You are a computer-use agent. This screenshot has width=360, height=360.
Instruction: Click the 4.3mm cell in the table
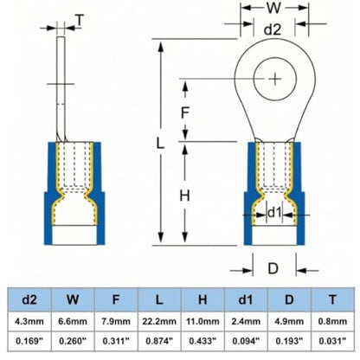pyautogui.click(x=29, y=321)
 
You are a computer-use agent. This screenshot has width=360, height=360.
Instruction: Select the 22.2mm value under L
pyautogui.click(x=159, y=321)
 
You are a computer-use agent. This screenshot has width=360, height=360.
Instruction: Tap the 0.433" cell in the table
pyautogui.click(x=202, y=341)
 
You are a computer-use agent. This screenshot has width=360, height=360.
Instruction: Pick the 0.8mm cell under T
pyautogui.click(x=332, y=321)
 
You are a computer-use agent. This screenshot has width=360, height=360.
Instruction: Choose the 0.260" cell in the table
pyautogui.click(x=73, y=341)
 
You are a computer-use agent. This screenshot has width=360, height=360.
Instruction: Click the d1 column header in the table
pyautogui.click(x=246, y=299)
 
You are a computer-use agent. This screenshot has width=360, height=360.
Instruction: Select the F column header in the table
pyautogui.click(x=116, y=299)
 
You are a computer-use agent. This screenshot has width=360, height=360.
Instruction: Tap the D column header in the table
pyautogui.click(x=289, y=299)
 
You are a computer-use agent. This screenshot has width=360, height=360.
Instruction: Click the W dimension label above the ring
pyautogui.click(x=273, y=8)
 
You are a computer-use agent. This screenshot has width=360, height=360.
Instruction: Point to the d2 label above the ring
pyautogui.click(x=273, y=29)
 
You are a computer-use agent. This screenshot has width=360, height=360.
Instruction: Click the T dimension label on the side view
pyautogui.click(x=80, y=20)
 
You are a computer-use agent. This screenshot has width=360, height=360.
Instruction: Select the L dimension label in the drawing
pyautogui.click(x=160, y=143)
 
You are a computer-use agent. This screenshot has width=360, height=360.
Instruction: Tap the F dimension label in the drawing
pyautogui.click(x=184, y=112)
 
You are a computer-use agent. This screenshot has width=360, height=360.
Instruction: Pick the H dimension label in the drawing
pyautogui.click(x=184, y=196)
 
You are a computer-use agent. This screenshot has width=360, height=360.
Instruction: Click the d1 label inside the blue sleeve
pyautogui.click(x=274, y=213)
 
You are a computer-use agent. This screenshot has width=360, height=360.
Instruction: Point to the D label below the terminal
pyautogui.click(x=273, y=268)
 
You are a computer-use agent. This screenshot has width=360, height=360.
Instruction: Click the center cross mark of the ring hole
pyautogui.click(x=275, y=79)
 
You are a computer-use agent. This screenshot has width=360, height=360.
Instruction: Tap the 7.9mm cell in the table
pyautogui.click(x=116, y=321)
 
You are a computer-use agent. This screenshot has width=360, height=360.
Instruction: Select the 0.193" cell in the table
pyautogui.click(x=289, y=341)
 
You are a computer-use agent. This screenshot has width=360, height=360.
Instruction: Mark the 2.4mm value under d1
pyautogui.click(x=246, y=321)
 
